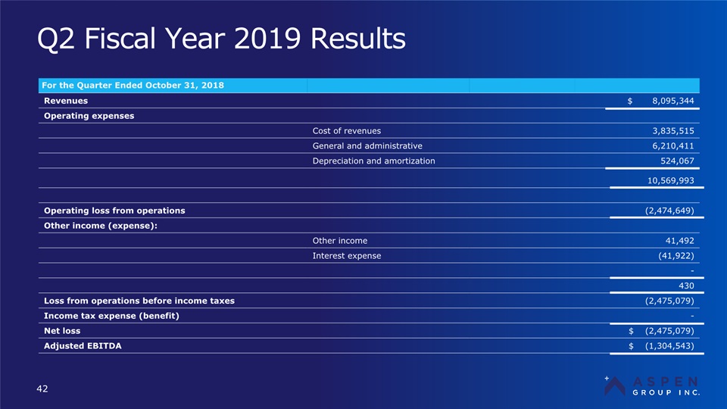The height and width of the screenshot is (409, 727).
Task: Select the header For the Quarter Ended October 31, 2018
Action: tap(134, 85)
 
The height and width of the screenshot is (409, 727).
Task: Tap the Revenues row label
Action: tap(66, 100)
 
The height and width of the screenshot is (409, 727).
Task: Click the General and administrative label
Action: tap(367, 145)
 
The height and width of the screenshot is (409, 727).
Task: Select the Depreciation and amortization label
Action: tap(373, 161)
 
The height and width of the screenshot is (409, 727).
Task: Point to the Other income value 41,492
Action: tap(678, 240)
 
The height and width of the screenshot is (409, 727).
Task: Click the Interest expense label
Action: tap(346, 255)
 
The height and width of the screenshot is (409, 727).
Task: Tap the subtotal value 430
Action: tap(685, 285)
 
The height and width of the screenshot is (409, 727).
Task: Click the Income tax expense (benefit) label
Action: tap(112, 316)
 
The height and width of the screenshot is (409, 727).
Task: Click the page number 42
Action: tap(42, 389)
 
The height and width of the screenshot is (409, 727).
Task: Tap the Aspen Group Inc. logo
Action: tap(652, 385)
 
